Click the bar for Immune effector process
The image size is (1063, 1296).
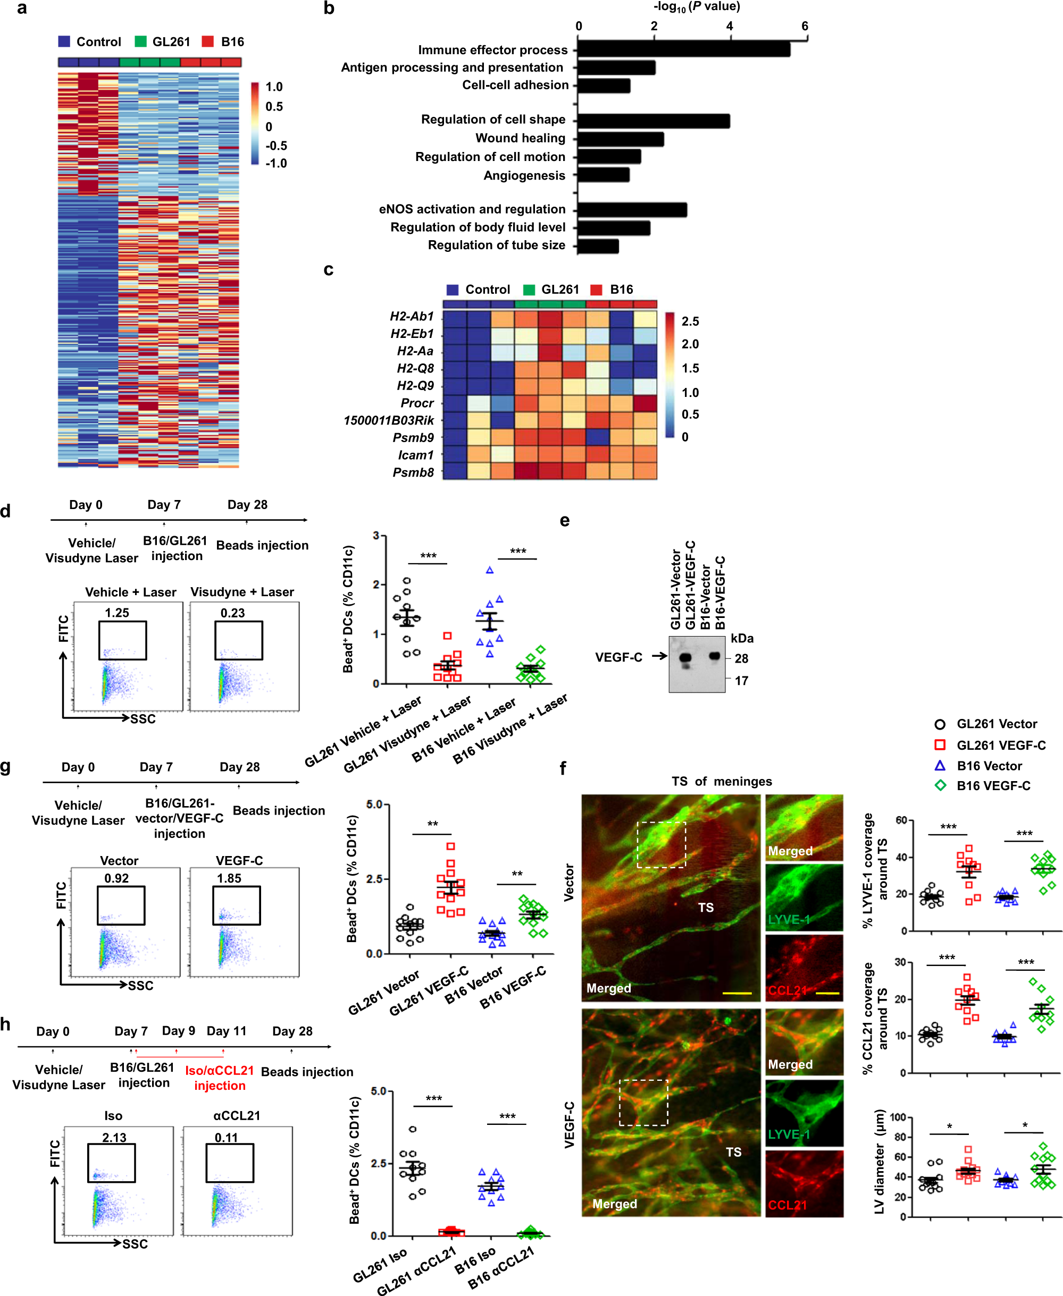pos(683,49)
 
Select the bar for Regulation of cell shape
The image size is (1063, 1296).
pos(652,121)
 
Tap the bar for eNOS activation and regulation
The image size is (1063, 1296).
pos(631,210)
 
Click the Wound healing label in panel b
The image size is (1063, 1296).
pos(520,138)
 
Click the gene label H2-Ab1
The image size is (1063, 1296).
pos(412,316)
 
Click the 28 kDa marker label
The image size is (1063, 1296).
pos(741,658)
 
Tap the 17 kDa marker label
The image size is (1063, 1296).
pos(741,681)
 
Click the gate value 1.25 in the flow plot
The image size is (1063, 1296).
pos(117,613)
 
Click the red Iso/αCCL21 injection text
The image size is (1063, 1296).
pos(219,1078)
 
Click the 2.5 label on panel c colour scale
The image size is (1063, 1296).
pos(690,322)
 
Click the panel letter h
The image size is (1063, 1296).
pos(6,1024)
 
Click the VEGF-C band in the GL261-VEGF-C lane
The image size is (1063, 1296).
pos(685,658)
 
